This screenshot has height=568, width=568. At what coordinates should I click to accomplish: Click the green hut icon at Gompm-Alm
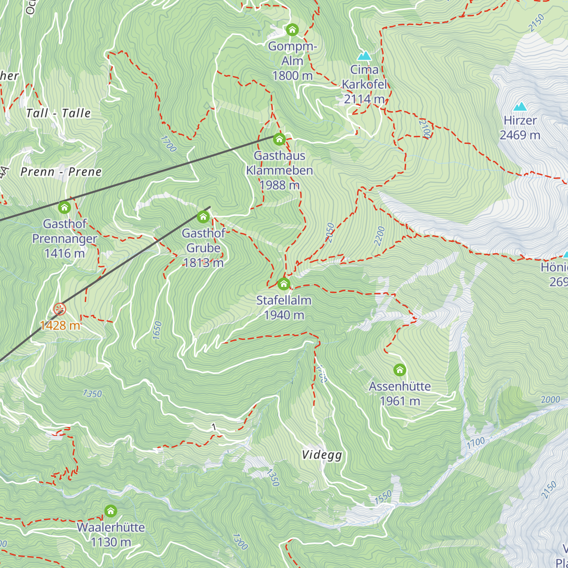(293, 30)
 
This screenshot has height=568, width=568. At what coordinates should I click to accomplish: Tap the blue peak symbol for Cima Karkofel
(364, 56)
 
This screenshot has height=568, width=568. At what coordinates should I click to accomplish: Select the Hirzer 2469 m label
(520, 128)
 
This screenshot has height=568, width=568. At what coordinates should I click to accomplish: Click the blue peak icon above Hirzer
(520, 106)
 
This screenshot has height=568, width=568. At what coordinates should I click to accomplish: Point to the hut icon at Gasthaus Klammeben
(279, 139)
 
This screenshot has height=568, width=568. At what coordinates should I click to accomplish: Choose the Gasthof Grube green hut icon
(203, 217)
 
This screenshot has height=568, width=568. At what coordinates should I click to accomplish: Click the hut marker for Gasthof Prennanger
(64, 207)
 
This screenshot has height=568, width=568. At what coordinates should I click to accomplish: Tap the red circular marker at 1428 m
(60, 310)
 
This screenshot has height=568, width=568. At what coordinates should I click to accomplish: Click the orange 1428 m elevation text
(60, 326)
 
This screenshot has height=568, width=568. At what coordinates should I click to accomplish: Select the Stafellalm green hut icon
(284, 284)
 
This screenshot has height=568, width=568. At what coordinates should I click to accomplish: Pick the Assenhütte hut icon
(400, 370)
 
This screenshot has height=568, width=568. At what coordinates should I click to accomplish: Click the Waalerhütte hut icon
(110, 511)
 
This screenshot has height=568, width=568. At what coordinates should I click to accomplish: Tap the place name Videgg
(322, 455)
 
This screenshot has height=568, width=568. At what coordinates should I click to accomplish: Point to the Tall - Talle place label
(58, 113)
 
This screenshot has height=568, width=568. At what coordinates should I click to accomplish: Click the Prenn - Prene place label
(61, 172)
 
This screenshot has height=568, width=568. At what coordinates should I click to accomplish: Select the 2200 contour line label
(380, 236)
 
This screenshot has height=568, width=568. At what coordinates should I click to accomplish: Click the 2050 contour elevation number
(330, 232)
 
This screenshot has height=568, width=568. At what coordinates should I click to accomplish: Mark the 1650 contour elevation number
(157, 330)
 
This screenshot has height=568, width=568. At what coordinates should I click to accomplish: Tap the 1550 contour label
(383, 497)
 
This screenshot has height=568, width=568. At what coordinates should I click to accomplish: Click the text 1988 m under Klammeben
(279, 185)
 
